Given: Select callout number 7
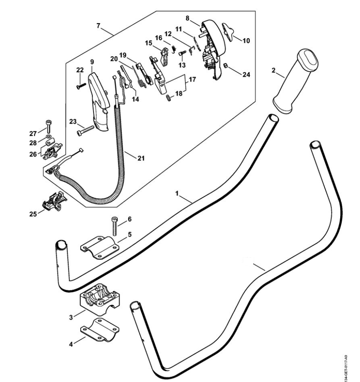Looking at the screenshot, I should pyautogui.click(x=98, y=26).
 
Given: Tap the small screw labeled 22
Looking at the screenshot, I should pyautogui.click(x=80, y=86).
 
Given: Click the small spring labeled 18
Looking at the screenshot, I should pyautogui.click(x=168, y=98).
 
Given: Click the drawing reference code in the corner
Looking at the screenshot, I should pyautogui.click(x=351, y=365).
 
